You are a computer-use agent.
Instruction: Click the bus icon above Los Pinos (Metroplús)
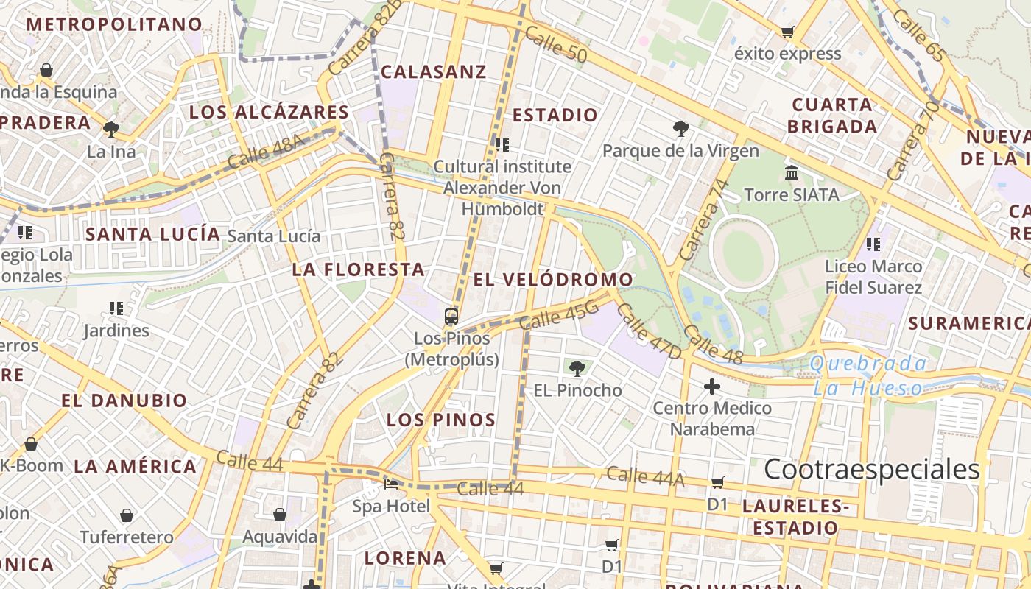(451, 317)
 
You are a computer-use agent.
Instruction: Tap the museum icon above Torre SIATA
(792, 173)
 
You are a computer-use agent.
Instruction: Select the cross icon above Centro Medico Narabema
(711, 386)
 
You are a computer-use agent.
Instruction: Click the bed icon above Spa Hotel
(391, 484)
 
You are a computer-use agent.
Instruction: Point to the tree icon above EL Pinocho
(577, 368)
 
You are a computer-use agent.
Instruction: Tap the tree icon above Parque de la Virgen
(680, 129)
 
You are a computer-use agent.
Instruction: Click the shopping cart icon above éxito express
(787, 32)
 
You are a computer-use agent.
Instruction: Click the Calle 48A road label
(266, 152)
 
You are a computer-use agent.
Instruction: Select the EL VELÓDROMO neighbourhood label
(553, 280)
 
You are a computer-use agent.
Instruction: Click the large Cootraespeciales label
(872, 469)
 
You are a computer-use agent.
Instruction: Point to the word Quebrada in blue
(868, 363)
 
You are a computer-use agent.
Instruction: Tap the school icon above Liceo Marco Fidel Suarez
(873, 244)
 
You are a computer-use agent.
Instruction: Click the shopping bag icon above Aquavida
(280, 515)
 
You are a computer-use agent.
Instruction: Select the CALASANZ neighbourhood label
(434, 71)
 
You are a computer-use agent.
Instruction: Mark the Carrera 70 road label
(913, 140)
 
